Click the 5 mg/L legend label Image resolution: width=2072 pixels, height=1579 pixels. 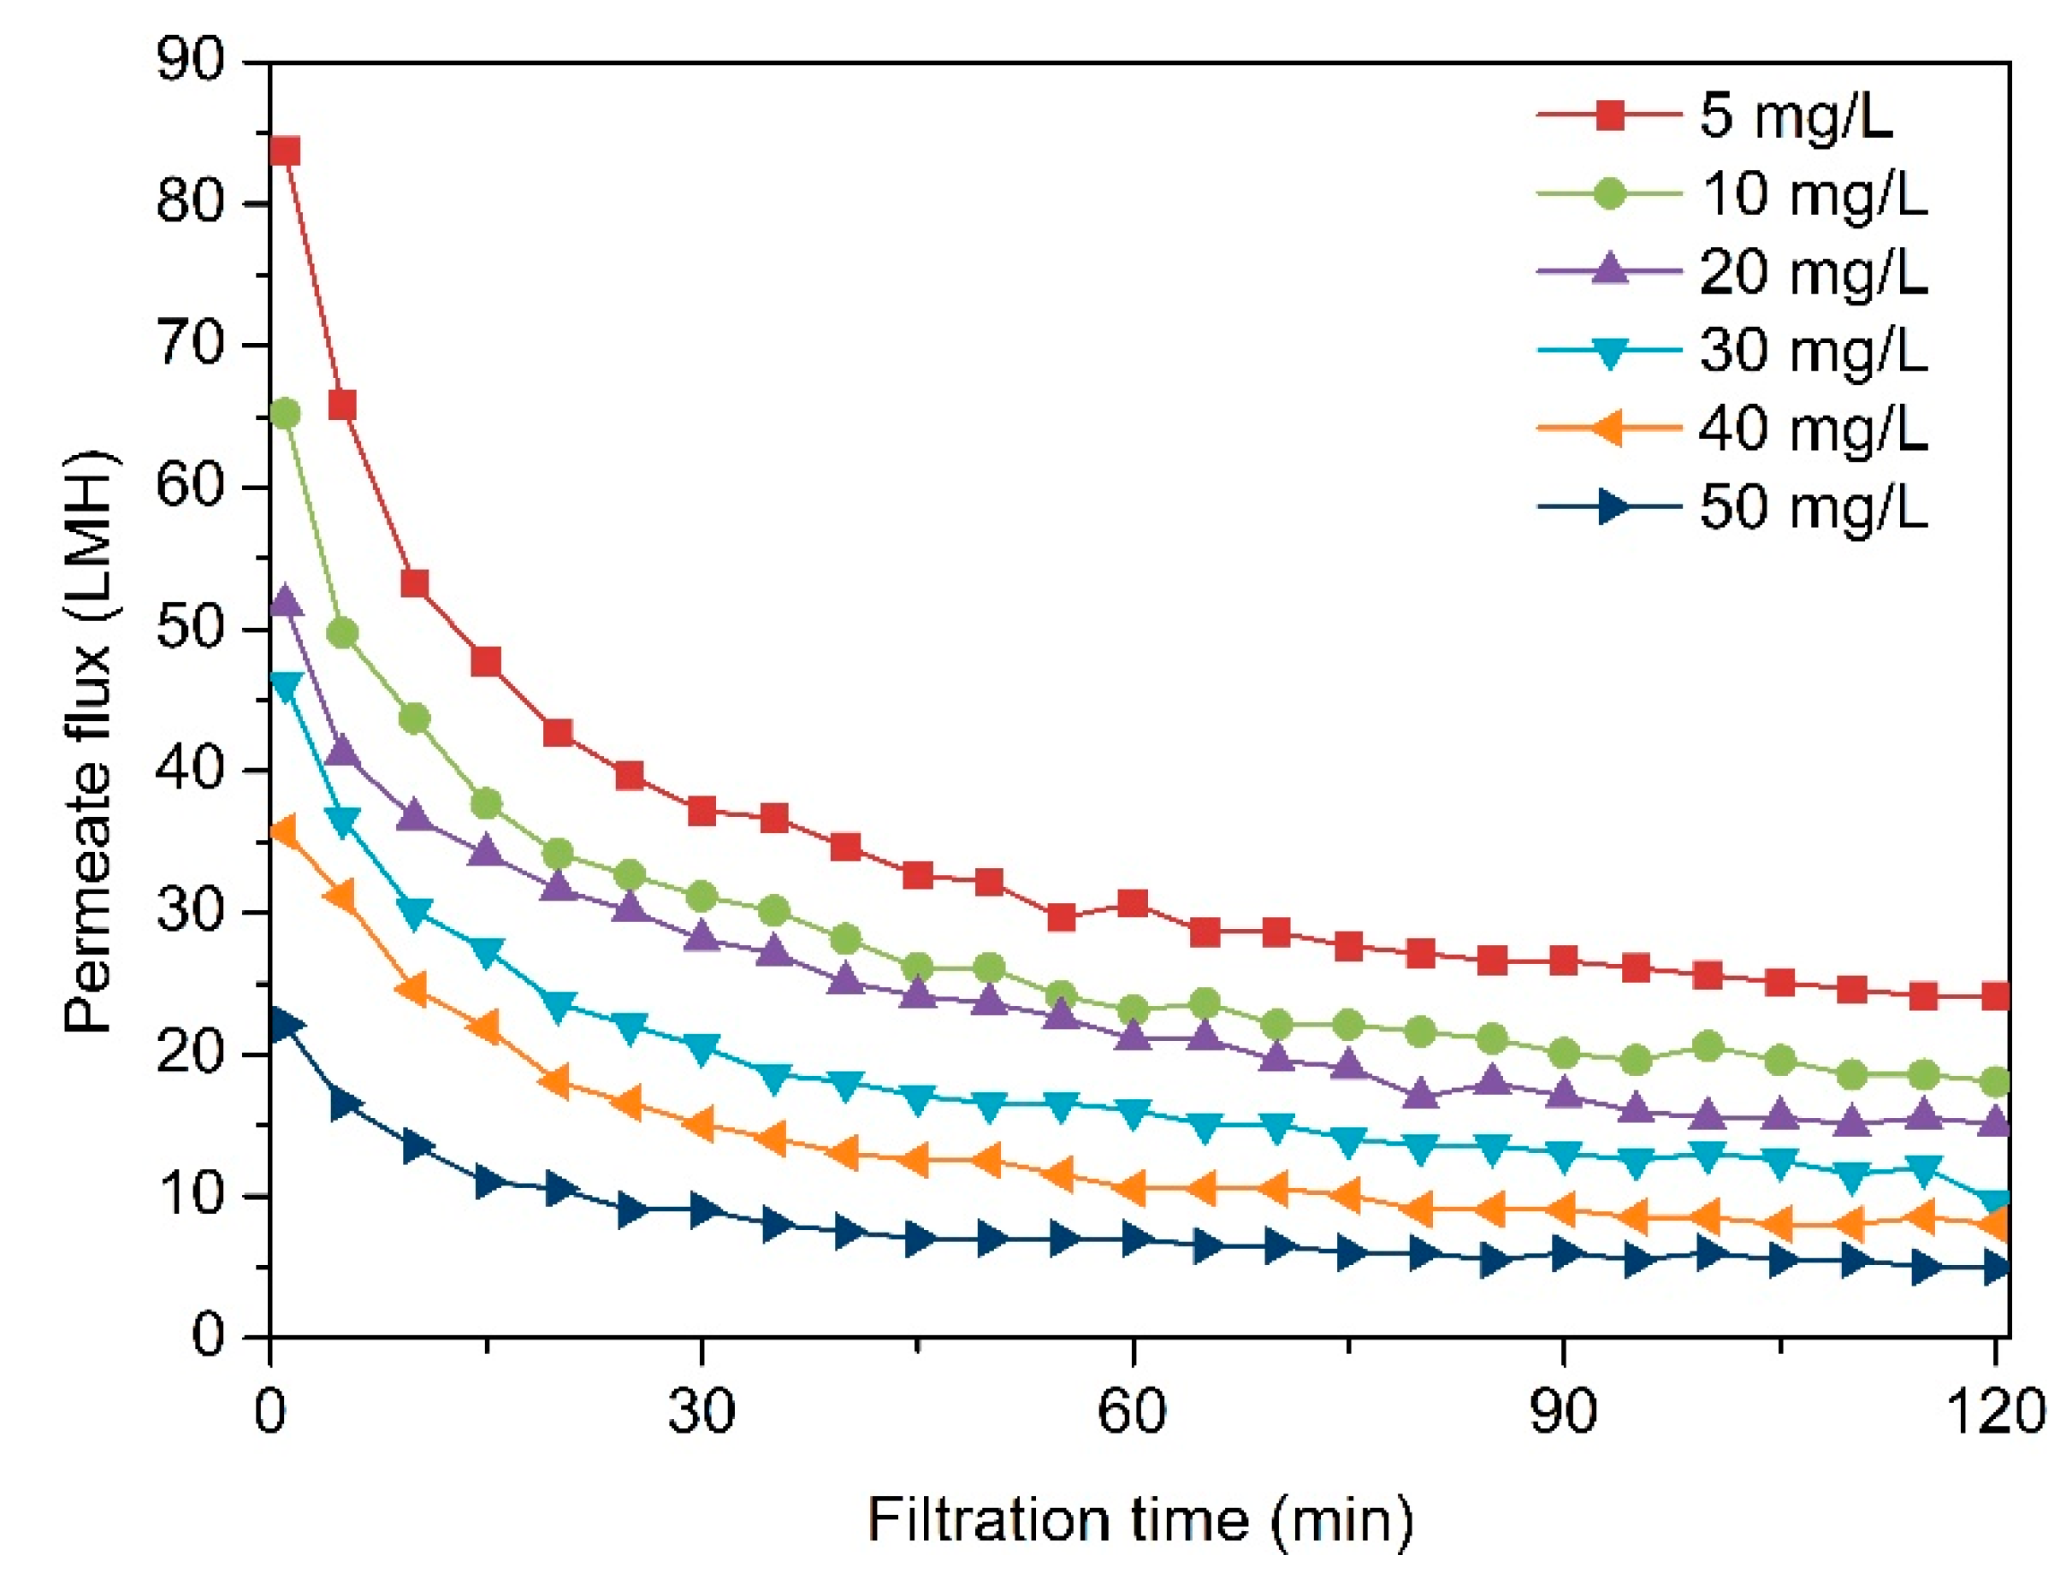point(1795,116)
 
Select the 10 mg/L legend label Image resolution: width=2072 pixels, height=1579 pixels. point(1814,194)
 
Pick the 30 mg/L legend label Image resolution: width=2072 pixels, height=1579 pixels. point(1814,351)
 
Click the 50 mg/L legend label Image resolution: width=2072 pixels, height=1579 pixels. point(1814,507)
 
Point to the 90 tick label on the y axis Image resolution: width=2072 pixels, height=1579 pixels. point(191,62)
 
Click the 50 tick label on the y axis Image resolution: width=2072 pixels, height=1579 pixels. point(191,628)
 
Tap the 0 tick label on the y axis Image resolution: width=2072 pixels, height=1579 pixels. point(208,1334)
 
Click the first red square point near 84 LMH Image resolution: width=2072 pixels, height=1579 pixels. point(284,151)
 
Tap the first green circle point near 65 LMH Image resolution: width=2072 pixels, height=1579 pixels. point(284,413)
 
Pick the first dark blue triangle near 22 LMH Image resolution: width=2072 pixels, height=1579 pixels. point(284,1024)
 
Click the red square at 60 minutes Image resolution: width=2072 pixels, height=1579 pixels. point(1133,903)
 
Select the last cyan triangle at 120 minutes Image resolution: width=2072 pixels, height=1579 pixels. point(1995,1201)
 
